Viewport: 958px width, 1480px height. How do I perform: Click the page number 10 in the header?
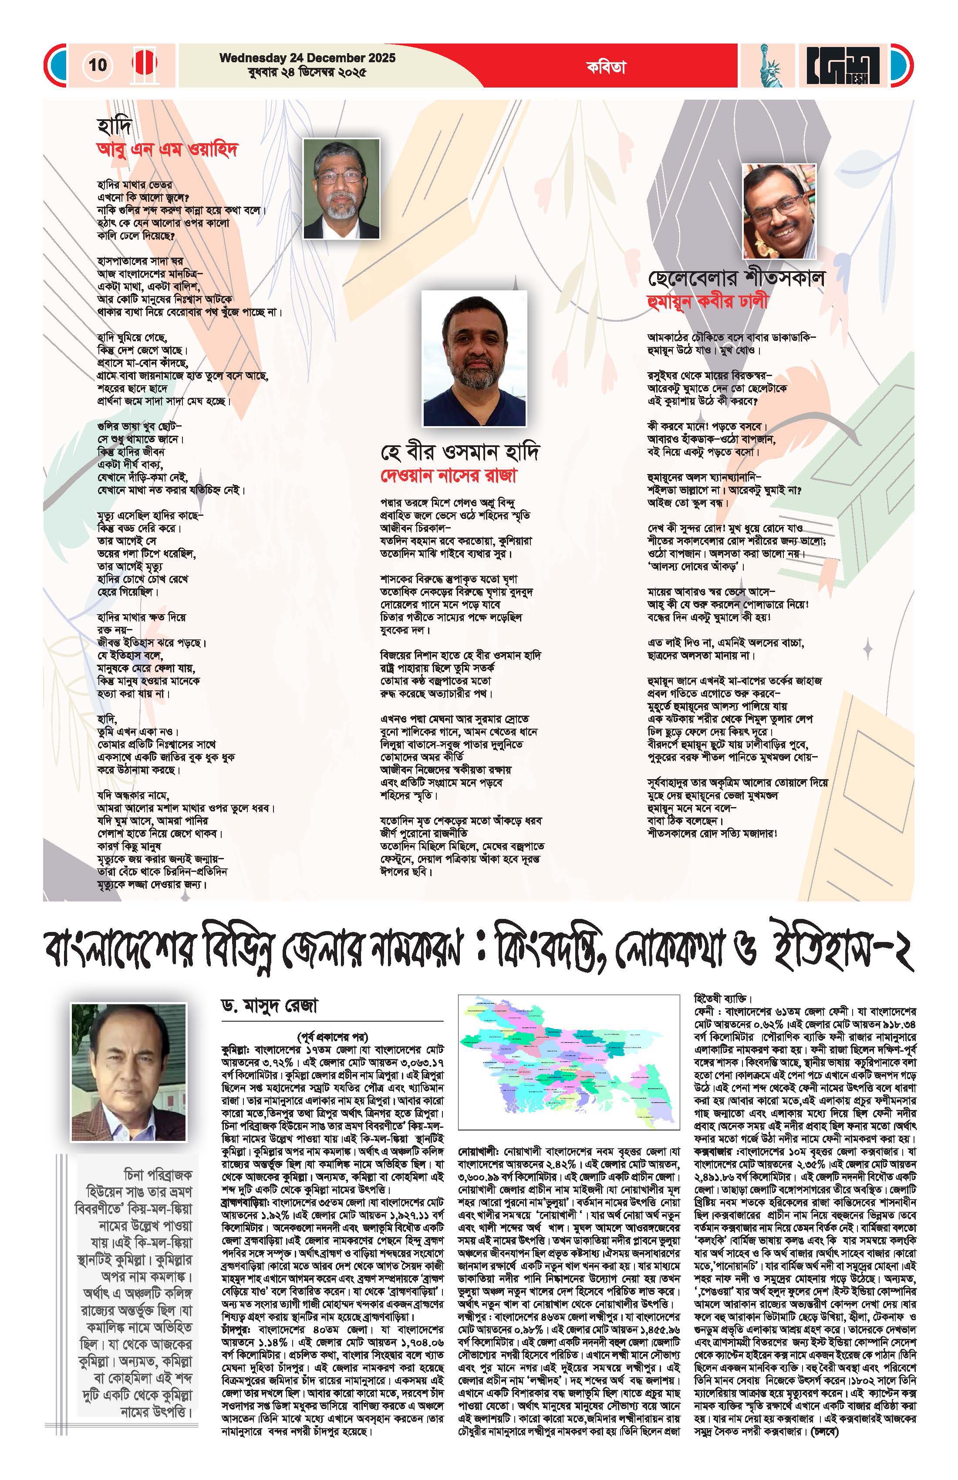pos(98,65)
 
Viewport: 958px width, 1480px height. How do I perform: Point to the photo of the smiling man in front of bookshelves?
pos(780,212)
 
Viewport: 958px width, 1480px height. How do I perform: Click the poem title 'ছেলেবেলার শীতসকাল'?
pos(736,278)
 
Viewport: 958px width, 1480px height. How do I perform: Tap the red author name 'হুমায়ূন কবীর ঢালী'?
pos(708,302)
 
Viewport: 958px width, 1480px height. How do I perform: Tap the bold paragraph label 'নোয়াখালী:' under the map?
pos(476,1152)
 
